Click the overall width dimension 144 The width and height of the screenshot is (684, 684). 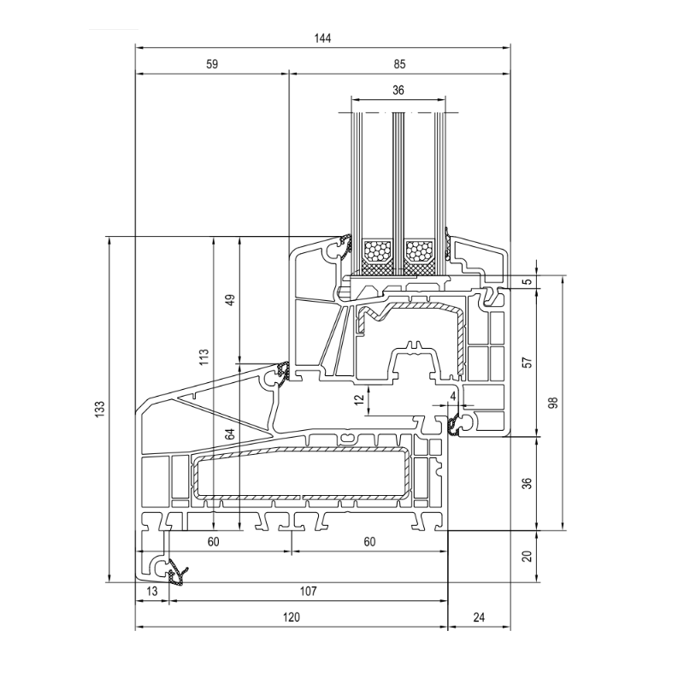pyautogui.click(x=322, y=38)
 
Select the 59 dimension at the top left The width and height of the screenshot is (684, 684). pyautogui.click(x=211, y=64)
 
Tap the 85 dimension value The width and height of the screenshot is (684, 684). pyautogui.click(x=399, y=64)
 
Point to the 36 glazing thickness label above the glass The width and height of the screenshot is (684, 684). pyautogui.click(x=398, y=90)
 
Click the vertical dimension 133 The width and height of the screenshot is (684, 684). pyautogui.click(x=100, y=410)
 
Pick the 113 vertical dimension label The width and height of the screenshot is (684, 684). pyautogui.click(x=204, y=357)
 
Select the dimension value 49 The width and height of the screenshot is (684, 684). pyautogui.click(x=230, y=300)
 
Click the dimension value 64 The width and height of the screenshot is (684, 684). pyautogui.click(x=230, y=434)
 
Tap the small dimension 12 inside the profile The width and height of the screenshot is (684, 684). pyautogui.click(x=358, y=399)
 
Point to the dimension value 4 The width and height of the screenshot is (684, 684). pyautogui.click(x=453, y=396)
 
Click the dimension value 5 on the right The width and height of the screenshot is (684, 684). pyautogui.click(x=528, y=281)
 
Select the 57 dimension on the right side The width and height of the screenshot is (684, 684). pyautogui.click(x=528, y=363)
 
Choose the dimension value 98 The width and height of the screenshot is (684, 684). pyautogui.click(x=553, y=402)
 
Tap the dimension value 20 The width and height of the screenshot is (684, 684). pyautogui.click(x=528, y=557)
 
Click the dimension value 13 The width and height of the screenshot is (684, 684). pyautogui.click(x=152, y=591)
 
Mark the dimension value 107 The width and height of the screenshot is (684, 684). pyautogui.click(x=308, y=591)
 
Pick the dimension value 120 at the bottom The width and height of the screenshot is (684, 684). pyautogui.click(x=291, y=617)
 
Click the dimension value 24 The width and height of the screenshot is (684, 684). pyautogui.click(x=479, y=617)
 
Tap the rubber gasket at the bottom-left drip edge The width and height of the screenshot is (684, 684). pyautogui.click(x=177, y=573)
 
